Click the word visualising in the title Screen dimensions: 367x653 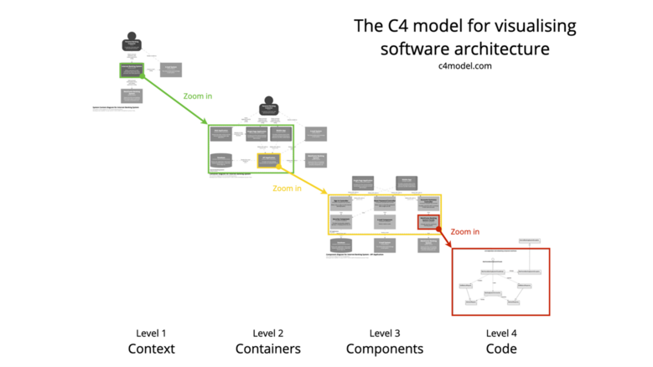[x=534, y=26]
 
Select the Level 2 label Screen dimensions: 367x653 [x=268, y=333]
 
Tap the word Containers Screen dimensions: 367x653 [x=268, y=349]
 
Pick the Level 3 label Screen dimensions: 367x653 [x=384, y=333]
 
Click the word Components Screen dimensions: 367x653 [x=384, y=349]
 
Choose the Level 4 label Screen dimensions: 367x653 [x=500, y=333]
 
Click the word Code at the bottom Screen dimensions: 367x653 [x=500, y=349]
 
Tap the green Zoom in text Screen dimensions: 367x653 [x=197, y=96]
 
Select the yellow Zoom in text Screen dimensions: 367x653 [x=287, y=189]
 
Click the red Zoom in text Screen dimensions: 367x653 [x=465, y=231]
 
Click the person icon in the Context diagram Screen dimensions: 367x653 [x=131, y=43]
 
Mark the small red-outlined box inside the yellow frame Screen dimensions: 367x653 [x=428, y=221]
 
